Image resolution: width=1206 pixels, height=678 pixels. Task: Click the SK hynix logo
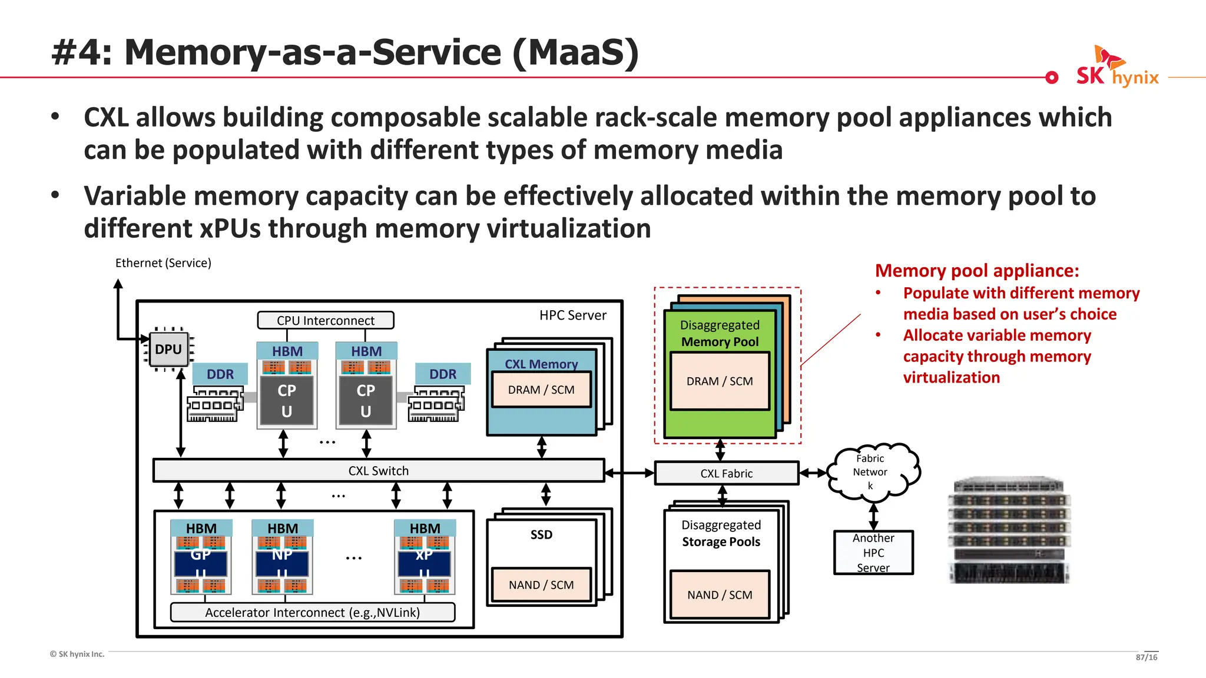pyautogui.click(x=1116, y=68)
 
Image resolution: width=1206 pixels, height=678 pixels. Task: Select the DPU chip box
pyautogui.click(x=168, y=350)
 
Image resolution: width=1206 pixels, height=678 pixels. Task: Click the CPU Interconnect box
pyautogui.click(x=326, y=320)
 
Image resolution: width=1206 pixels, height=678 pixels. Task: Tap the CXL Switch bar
pyautogui.click(x=378, y=471)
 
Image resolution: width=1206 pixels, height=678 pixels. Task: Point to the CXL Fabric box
pyautogui.click(x=726, y=473)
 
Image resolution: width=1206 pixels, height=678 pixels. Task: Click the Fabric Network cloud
pyautogui.click(x=872, y=471)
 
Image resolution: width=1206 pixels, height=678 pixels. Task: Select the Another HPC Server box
pyautogui.click(x=873, y=552)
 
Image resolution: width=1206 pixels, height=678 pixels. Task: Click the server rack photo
pyautogui.click(x=1009, y=530)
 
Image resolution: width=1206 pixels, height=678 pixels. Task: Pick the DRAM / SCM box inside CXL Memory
pyautogui.click(x=541, y=390)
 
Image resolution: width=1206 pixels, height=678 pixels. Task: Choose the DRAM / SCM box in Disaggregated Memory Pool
pyautogui.click(x=720, y=381)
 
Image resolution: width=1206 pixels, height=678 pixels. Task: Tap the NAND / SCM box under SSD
pyautogui.click(x=541, y=584)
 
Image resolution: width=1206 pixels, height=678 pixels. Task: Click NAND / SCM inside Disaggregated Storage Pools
pyautogui.click(x=720, y=594)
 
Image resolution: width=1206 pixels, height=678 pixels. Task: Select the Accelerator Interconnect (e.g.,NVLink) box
pyautogui.click(x=313, y=612)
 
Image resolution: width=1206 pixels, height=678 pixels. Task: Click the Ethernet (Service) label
pyautogui.click(x=163, y=263)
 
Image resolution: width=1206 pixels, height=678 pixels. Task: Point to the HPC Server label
pyautogui.click(x=572, y=315)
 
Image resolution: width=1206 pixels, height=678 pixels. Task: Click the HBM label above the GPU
pyautogui.click(x=201, y=528)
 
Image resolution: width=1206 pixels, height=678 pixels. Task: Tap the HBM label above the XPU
pyautogui.click(x=425, y=528)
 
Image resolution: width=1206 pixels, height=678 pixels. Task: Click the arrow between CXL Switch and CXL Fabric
pyautogui.click(x=629, y=473)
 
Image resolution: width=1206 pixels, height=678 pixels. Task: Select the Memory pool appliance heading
pyautogui.click(x=976, y=271)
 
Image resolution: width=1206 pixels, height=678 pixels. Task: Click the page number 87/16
pyautogui.click(x=1146, y=657)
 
